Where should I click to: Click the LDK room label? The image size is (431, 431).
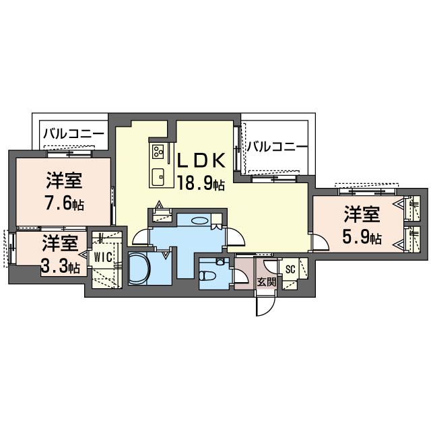pos(201,160)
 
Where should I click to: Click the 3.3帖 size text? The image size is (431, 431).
pos(61,266)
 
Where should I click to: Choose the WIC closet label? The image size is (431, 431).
pos(103,257)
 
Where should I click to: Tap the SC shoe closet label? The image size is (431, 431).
pos(290,269)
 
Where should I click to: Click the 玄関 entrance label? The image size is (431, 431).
pos(266,281)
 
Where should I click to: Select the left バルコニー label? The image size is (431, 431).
pos(74,134)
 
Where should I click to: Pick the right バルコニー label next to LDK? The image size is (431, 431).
pos(277,147)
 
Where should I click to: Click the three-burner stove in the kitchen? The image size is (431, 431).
pos(158,151)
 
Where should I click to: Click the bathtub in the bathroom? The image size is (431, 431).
pos(139,268)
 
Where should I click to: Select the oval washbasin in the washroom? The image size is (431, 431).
pos(199,220)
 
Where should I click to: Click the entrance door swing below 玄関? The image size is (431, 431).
pos(266,306)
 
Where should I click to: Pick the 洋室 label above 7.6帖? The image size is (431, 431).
pos(64,180)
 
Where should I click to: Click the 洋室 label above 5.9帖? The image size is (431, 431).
pos(362,214)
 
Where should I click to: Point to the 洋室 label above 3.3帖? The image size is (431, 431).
pos(61,244)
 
